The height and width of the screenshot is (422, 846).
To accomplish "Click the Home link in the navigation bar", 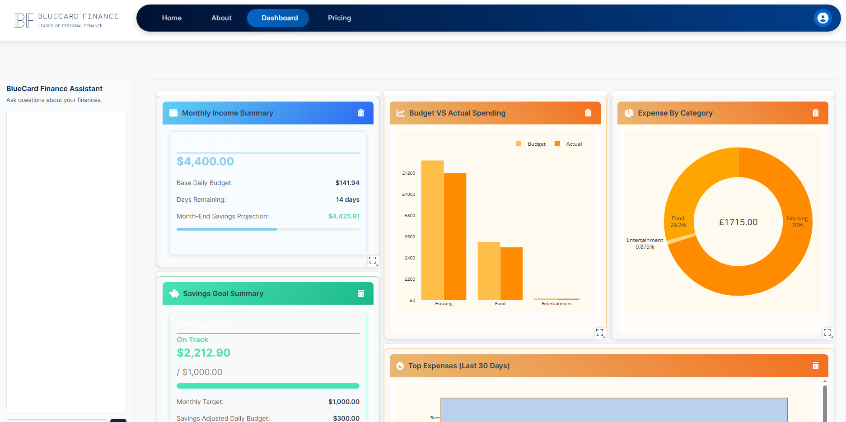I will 172,18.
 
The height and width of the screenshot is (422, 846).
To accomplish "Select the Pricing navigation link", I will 339,18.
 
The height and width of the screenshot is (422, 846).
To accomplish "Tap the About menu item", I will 221,18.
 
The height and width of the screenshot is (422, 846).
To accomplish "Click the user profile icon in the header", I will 823,18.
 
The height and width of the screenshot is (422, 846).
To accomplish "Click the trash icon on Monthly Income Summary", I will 361,113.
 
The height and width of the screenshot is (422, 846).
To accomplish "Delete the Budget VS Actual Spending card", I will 588,113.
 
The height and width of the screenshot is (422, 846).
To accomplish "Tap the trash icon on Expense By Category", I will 815,113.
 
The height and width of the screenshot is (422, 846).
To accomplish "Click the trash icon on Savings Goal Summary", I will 361,293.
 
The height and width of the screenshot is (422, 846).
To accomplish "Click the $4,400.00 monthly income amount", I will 205,162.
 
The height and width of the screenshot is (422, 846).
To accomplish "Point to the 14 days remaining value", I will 347,199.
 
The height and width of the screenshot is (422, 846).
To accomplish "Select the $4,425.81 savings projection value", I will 344,216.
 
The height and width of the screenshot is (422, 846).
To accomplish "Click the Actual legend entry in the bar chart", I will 569,144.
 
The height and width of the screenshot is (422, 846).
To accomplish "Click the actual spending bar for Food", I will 511,274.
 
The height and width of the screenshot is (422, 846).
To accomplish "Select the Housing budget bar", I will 432,230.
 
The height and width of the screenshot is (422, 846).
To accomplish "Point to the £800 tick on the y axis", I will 410,216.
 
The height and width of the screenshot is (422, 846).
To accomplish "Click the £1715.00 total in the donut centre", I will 738,222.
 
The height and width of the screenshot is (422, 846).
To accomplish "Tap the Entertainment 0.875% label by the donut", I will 645,243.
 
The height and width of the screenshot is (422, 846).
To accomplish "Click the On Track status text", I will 192,339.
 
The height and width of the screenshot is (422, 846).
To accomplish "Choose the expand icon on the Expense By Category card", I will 827,333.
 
